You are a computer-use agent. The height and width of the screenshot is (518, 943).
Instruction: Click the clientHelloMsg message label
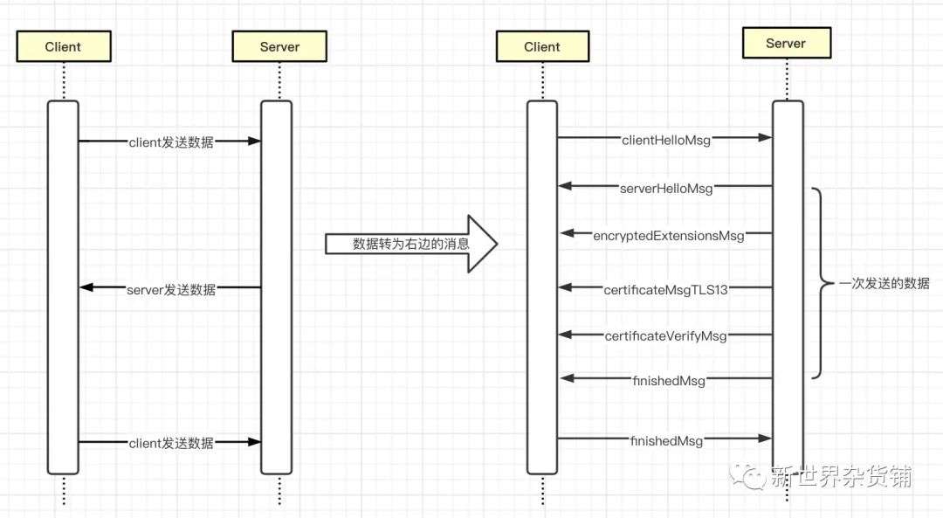(x=666, y=140)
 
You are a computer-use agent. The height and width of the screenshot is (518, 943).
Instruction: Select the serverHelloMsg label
(x=666, y=189)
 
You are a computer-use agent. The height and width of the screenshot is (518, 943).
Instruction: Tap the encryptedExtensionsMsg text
(x=669, y=236)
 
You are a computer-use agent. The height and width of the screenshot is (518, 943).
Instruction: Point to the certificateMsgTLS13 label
(x=665, y=290)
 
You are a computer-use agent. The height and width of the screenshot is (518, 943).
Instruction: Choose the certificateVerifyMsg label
(x=665, y=335)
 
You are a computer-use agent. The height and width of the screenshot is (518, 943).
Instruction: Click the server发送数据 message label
(x=171, y=290)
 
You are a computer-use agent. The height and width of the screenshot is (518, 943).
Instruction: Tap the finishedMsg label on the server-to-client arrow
(x=669, y=381)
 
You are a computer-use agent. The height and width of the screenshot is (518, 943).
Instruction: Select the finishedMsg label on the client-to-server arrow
(x=666, y=441)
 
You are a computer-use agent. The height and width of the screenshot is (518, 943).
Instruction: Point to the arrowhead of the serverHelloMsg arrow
(x=565, y=186)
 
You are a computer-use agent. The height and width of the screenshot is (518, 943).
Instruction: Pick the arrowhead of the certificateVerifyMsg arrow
(x=565, y=334)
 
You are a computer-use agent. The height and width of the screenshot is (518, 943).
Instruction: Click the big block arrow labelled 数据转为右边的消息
(x=411, y=244)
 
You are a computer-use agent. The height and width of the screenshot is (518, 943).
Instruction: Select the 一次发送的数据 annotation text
(x=884, y=283)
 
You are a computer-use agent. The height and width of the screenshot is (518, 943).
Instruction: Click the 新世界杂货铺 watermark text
(x=842, y=476)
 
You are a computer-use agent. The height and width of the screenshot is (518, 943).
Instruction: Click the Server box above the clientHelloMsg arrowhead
(x=787, y=44)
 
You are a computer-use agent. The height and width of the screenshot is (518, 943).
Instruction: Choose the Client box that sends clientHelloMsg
(x=542, y=46)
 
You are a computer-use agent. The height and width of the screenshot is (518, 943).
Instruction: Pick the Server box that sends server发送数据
(x=279, y=46)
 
